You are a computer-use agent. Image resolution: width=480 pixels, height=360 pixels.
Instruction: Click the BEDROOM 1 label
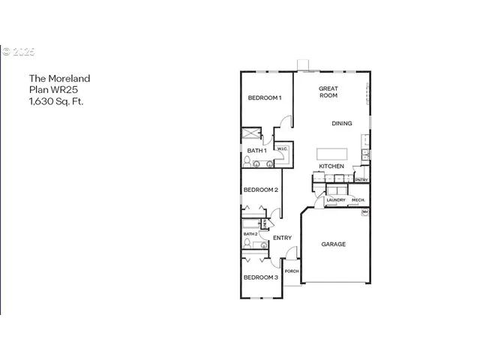tap(264, 98)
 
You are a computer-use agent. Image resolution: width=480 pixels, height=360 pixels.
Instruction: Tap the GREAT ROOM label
tap(328, 92)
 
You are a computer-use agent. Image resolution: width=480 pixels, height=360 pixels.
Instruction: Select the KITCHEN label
tap(331, 166)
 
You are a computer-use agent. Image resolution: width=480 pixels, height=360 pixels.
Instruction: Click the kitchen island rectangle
tap(331, 153)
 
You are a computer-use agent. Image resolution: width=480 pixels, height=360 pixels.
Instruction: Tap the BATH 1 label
tap(256, 151)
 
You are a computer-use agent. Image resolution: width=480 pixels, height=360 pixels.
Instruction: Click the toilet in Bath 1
tap(247, 160)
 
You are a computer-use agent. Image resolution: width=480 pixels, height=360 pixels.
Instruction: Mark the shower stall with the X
tap(250, 135)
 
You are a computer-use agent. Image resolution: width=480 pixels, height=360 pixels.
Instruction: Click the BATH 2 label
tap(250, 234)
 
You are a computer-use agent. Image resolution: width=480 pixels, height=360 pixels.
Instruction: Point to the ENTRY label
tap(282, 238)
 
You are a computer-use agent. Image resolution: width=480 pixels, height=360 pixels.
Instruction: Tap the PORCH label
tap(292, 271)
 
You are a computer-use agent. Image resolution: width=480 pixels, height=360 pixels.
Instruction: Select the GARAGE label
tap(334, 244)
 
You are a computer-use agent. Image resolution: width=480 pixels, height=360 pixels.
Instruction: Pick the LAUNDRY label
tap(335, 200)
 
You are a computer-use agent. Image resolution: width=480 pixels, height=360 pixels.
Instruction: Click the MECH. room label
tap(358, 200)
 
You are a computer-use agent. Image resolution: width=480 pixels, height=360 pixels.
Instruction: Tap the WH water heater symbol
tap(365, 213)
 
